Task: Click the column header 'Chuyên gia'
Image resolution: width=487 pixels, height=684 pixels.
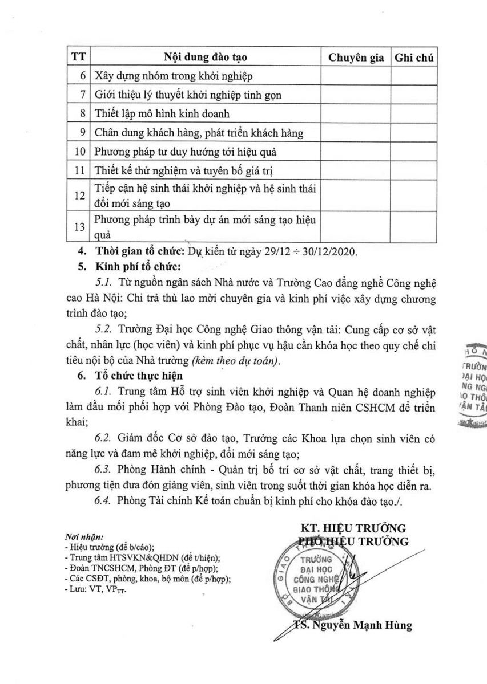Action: [355, 58]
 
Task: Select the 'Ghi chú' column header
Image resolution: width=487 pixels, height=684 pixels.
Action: [414, 58]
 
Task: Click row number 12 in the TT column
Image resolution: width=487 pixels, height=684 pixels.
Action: [80, 195]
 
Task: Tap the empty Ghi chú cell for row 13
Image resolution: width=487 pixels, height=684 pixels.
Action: [414, 227]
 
